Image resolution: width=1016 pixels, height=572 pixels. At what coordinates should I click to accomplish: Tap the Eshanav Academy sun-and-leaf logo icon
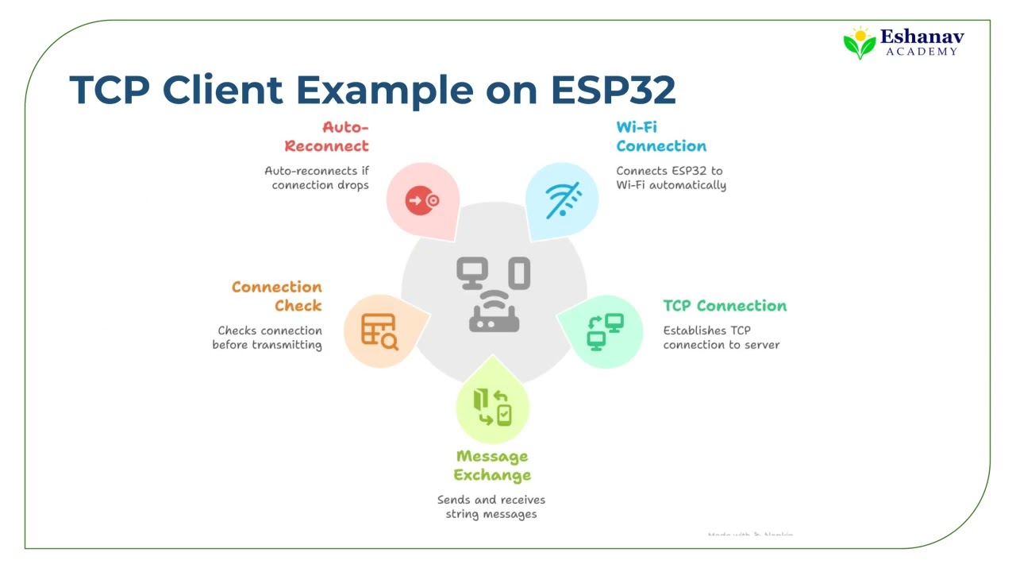[859, 44]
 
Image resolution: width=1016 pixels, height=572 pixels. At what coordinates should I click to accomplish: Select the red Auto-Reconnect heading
[327, 137]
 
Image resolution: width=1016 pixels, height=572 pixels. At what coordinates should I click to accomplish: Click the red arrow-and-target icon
[422, 200]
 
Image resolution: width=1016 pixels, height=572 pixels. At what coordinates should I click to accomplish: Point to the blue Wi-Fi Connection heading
[660, 137]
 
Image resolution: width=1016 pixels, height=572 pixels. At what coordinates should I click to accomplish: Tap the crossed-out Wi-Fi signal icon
[563, 200]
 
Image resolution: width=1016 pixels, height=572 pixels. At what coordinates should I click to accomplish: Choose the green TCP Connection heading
[725, 306]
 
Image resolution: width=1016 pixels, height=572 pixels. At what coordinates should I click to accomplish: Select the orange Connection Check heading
[276, 296]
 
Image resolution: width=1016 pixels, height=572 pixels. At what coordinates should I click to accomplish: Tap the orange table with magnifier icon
[379, 330]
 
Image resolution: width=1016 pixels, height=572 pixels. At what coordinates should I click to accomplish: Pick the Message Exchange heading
[492, 466]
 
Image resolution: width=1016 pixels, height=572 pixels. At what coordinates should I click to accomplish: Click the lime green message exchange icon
[492, 407]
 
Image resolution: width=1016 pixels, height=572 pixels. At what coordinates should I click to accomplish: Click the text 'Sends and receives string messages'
[491, 507]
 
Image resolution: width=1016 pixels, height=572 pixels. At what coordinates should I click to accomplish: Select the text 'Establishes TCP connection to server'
[721, 338]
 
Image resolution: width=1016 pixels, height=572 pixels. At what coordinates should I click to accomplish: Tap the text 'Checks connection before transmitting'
[267, 338]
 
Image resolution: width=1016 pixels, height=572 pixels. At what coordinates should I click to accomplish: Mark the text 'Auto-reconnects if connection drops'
[317, 178]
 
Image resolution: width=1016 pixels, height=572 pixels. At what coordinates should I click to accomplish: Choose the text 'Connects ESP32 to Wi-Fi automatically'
[671, 178]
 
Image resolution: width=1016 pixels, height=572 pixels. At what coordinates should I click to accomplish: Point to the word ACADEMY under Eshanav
[922, 52]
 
